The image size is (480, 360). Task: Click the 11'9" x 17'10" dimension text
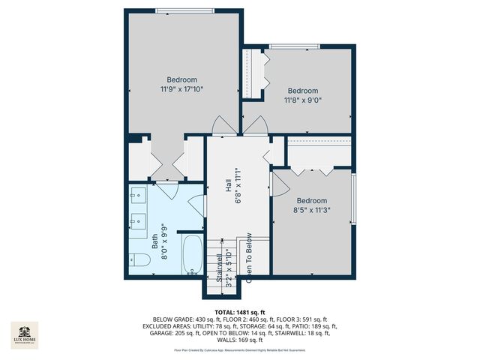181,89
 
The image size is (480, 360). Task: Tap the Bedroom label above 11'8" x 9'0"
303,91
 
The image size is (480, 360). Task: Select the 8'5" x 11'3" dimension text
311,210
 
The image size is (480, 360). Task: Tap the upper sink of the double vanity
138,196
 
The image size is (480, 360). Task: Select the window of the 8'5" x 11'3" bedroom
354,199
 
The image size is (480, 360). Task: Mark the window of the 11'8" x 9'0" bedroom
297,46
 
